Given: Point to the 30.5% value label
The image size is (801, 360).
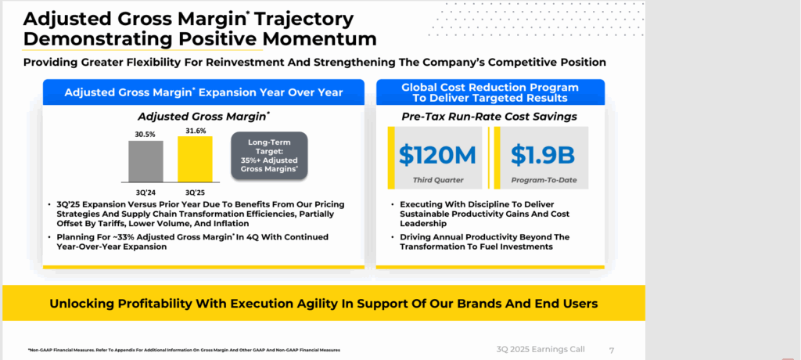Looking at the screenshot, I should [146, 135].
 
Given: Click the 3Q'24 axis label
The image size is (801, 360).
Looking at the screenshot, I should [146, 191].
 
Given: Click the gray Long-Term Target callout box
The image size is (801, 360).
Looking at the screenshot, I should [268, 154].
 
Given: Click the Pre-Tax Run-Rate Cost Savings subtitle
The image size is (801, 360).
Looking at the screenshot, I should [490, 116].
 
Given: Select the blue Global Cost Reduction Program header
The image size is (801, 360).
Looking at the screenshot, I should [490, 92].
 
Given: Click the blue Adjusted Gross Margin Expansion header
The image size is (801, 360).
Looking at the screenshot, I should [203, 92].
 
